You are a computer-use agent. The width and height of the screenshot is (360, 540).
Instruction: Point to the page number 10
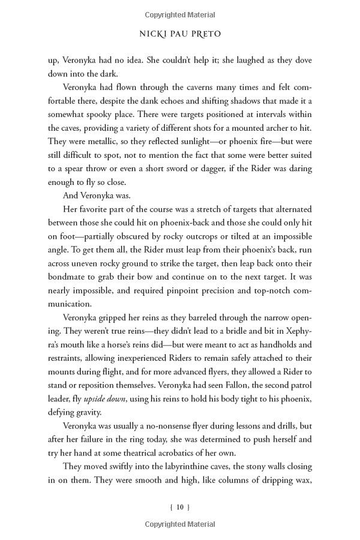180,507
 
